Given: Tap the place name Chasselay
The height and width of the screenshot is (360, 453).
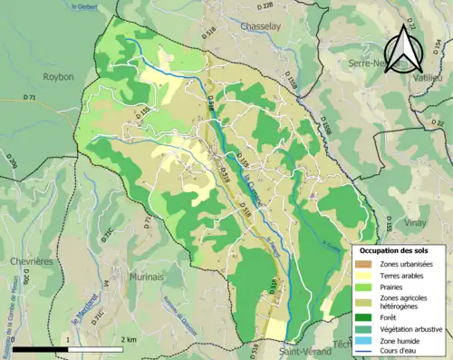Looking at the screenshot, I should (264, 27).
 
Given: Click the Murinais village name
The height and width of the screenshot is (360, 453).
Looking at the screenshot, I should (147, 276).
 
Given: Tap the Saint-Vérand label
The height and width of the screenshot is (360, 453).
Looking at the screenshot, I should (304, 351).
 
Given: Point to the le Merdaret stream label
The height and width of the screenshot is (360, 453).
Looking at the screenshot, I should (78, 307).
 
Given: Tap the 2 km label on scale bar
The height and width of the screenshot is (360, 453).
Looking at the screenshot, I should (128, 340).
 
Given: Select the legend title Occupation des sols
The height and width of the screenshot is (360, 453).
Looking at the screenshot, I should (394, 250).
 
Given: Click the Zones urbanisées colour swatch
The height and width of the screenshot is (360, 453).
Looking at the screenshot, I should (365, 263).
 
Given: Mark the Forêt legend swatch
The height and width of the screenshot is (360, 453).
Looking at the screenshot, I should (365, 316).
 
